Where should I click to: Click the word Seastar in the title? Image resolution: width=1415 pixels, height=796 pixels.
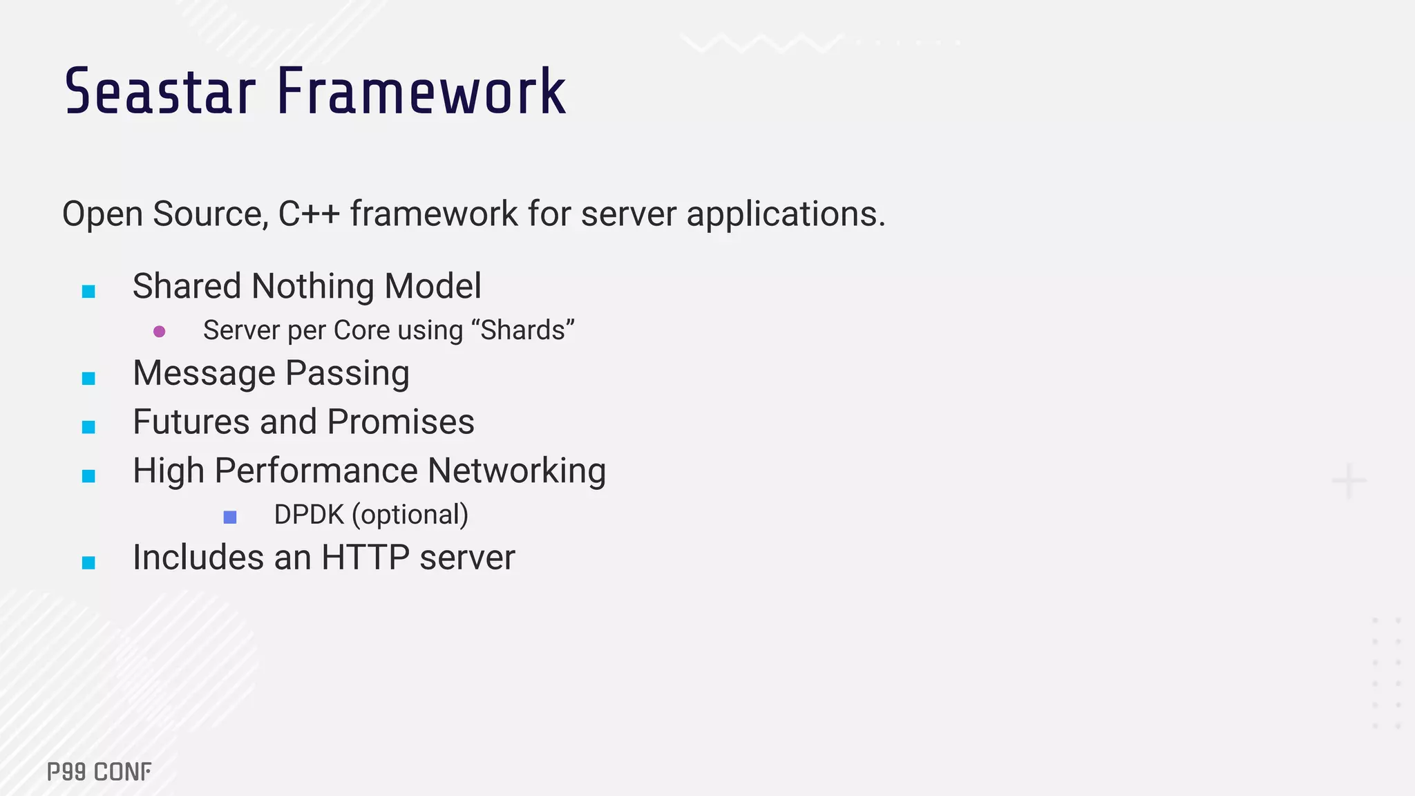tap(160, 92)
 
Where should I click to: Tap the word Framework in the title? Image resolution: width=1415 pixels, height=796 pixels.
tap(421, 92)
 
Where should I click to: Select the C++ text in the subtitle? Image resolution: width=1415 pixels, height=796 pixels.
tap(309, 214)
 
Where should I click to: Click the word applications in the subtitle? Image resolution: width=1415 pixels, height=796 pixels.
tap(785, 214)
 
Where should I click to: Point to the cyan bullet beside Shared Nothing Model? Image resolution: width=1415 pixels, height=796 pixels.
tap(88, 292)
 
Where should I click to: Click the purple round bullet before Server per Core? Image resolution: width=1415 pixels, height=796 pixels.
tap(160, 332)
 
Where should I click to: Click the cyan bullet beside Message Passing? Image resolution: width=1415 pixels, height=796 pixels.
tap(88, 378)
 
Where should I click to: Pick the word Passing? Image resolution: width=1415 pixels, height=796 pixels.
tap(347, 374)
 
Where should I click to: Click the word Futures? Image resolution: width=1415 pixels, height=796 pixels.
tap(191, 422)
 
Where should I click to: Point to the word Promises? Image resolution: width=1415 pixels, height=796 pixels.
tap(401, 422)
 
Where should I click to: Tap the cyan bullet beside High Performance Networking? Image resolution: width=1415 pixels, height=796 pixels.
tap(88, 476)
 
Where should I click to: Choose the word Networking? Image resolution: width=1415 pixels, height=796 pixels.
tap(516, 471)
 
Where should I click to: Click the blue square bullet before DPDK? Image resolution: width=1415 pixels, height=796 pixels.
tap(230, 517)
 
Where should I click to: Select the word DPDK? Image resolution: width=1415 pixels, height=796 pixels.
tap(309, 515)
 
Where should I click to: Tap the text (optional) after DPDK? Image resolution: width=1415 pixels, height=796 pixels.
tap(410, 515)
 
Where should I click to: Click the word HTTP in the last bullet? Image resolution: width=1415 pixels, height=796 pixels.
tap(365, 558)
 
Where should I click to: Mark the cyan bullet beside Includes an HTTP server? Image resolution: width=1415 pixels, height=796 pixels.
tap(88, 562)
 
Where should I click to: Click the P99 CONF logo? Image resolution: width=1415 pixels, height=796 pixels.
tap(99, 772)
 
